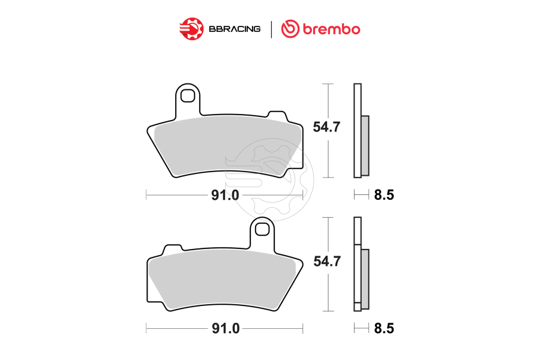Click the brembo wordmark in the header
pos(329,28)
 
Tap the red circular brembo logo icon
pos(290,28)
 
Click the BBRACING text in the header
pos(235,28)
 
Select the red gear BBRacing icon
pos(191,28)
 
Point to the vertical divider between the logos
pos(272,28)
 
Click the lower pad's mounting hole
pos(262,229)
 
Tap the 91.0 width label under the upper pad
pos(225,195)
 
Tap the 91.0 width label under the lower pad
pos(225,329)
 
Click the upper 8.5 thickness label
pos(383,195)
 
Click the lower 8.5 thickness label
pos(383,329)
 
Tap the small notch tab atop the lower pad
pos(173,248)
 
